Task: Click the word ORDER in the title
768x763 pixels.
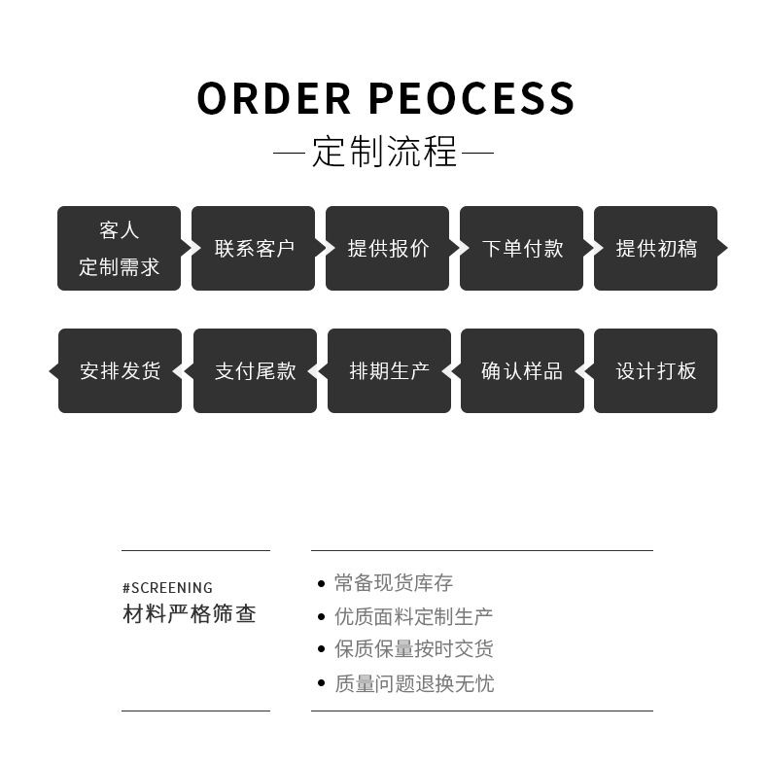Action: pyautogui.click(x=273, y=98)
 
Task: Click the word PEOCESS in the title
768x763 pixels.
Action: pyautogui.click(x=472, y=98)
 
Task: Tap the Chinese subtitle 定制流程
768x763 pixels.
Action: pyautogui.click(x=384, y=154)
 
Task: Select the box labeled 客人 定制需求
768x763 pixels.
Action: pyautogui.click(x=119, y=248)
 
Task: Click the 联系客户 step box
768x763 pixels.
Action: pyautogui.click(x=253, y=248)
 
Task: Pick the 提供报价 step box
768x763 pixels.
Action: pyautogui.click(x=387, y=248)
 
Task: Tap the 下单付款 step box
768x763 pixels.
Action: pyautogui.click(x=521, y=248)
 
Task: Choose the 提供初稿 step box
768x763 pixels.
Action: pyautogui.click(x=655, y=248)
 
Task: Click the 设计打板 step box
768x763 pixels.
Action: pyautogui.click(x=655, y=370)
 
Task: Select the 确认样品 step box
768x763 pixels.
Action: pyautogui.click(x=522, y=370)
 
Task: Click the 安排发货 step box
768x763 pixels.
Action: pyautogui.click(x=120, y=370)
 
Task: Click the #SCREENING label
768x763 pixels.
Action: pyautogui.click(x=167, y=587)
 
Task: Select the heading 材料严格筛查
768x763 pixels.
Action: pyautogui.click(x=190, y=614)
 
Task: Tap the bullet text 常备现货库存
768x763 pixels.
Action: pyautogui.click(x=394, y=583)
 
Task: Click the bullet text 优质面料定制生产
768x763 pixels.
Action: pyautogui.click(x=413, y=616)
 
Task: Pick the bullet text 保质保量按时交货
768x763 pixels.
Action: pyautogui.click(x=413, y=649)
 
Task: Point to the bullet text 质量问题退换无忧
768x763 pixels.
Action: pyautogui.click(x=413, y=683)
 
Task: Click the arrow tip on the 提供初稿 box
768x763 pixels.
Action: pyautogui.click(x=722, y=248)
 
